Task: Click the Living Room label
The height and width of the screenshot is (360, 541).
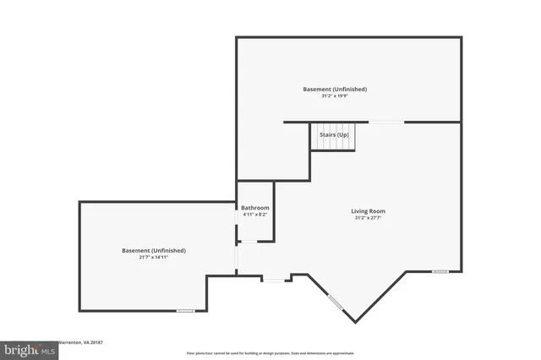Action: (368, 211)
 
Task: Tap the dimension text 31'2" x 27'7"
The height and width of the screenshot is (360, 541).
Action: (368, 218)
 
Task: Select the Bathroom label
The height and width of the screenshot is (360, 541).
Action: (254, 208)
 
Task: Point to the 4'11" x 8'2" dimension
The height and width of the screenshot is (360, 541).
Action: (254, 215)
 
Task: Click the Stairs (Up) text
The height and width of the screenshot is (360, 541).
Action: (333, 134)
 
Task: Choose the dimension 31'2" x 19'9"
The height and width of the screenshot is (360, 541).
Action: (335, 96)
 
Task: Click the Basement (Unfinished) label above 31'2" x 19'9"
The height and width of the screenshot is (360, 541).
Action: (335, 89)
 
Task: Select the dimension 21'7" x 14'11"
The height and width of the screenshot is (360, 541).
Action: (153, 258)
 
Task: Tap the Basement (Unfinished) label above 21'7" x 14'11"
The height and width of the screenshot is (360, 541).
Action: (153, 250)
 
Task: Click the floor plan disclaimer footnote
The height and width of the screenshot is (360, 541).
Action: (270, 353)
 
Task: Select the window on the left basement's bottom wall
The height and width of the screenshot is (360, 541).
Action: (186, 311)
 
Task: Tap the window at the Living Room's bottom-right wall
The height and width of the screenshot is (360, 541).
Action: (440, 271)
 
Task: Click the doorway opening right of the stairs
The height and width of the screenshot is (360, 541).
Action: (385, 123)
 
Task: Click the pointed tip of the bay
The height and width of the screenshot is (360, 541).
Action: (355, 322)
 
